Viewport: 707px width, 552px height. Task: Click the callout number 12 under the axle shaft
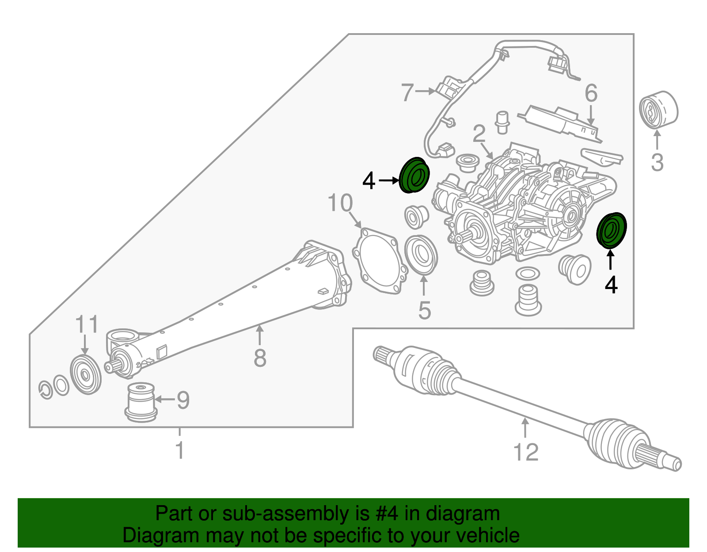pos(526,452)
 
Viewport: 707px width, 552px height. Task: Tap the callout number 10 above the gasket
pos(340,203)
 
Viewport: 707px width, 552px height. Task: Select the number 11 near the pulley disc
pos(87,324)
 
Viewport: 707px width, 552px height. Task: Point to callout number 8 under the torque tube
pos(260,358)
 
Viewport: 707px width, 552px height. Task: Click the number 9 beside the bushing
pos(183,400)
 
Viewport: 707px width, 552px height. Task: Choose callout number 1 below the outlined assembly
pos(180,449)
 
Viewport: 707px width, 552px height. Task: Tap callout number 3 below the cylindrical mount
pos(657,162)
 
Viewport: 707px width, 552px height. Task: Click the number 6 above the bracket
pos(591,93)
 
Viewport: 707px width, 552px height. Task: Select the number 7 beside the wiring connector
pos(407,92)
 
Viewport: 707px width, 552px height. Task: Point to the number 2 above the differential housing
pos(479,133)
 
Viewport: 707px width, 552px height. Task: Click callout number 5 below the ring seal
pos(425,310)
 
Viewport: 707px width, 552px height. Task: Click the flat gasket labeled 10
pos(380,261)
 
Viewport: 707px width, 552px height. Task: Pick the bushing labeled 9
pos(141,402)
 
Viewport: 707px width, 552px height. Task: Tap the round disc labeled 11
pos(86,375)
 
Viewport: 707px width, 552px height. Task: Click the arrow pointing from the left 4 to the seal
pos(389,180)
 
